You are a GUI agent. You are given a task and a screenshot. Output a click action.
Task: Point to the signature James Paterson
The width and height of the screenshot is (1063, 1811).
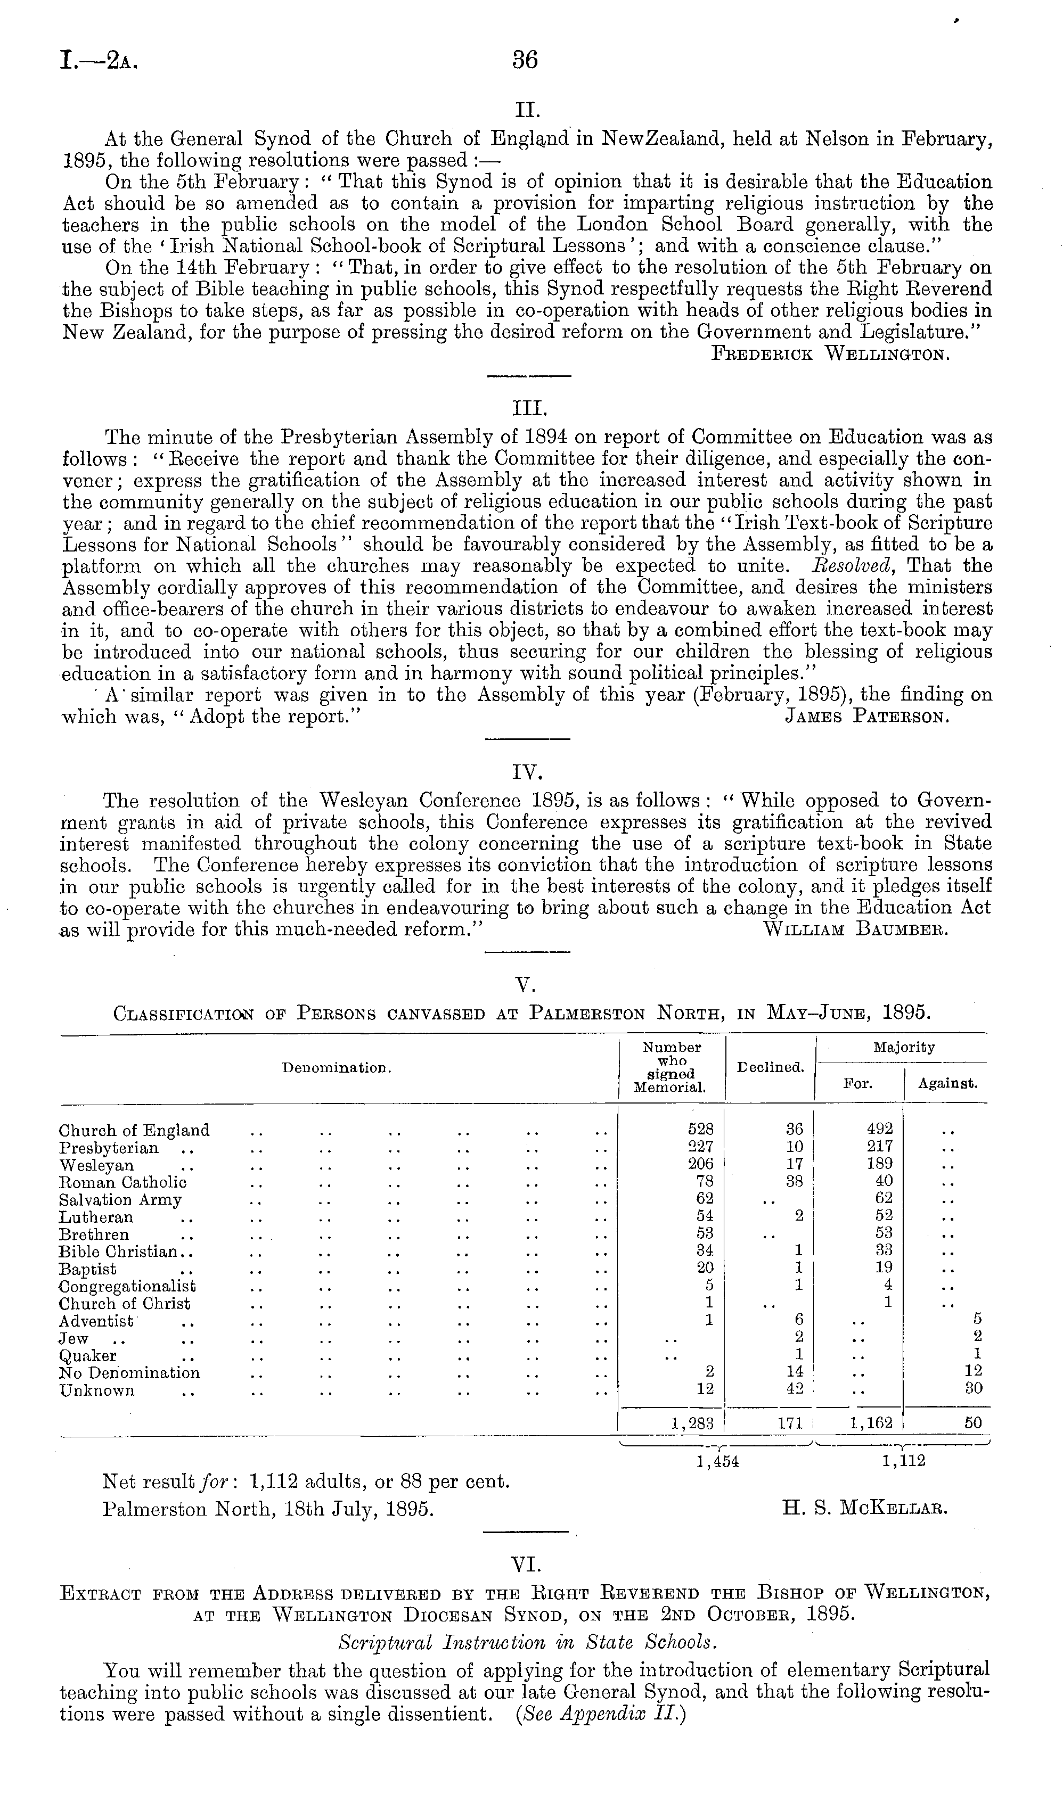tap(868, 717)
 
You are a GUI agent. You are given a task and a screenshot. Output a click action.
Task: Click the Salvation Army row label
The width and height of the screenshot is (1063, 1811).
tap(120, 1199)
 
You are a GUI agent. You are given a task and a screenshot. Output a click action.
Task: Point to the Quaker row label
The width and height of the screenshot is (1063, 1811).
tap(88, 1355)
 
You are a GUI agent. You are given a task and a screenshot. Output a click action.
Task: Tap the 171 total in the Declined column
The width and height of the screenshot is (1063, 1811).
tap(789, 1422)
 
